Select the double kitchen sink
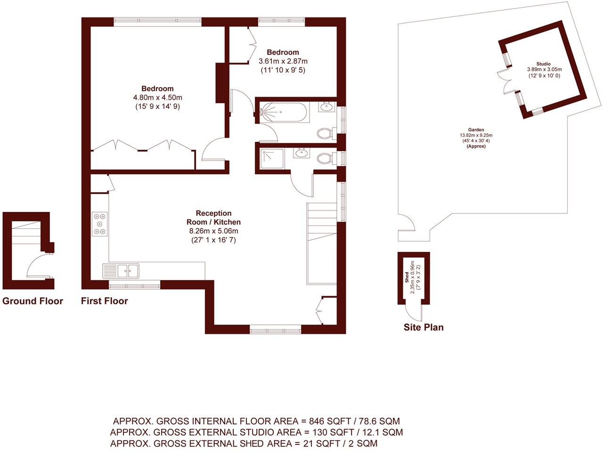coord(128,271)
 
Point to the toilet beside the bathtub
coord(324,134)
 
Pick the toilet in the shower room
coord(324,159)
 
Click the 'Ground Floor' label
coord(33,301)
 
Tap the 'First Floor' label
coord(104,301)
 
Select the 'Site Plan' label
coord(423,327)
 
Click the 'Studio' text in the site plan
coord(543,64)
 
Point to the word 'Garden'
coord(476,130)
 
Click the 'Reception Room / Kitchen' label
coord(213,218)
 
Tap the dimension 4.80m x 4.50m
coord(157,97)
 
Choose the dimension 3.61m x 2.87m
coord(283,61)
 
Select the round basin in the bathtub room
coord(326,107)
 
